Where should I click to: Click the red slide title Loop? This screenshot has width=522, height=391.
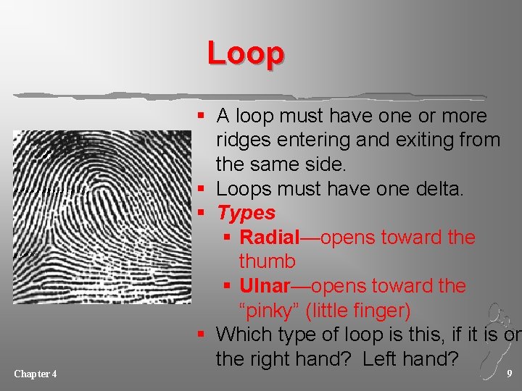coord(245,53)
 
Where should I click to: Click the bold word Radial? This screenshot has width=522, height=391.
coord(269,237)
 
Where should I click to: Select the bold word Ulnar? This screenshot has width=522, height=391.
coord(266,286)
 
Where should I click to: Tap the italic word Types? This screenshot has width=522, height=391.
coord(246,213)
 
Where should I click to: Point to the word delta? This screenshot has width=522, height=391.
coord(439,189)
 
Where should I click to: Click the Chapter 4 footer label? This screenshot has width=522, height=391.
coord(36,374)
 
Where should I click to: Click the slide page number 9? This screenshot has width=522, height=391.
coord(509,374)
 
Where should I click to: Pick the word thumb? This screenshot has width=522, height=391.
coord(267,261)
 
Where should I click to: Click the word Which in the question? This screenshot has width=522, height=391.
coord(244,335)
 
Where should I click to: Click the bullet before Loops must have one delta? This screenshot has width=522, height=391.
coord(206,190)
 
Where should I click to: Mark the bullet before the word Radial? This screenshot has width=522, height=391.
coord(228,238)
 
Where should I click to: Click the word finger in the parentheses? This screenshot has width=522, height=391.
coord(379,311)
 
